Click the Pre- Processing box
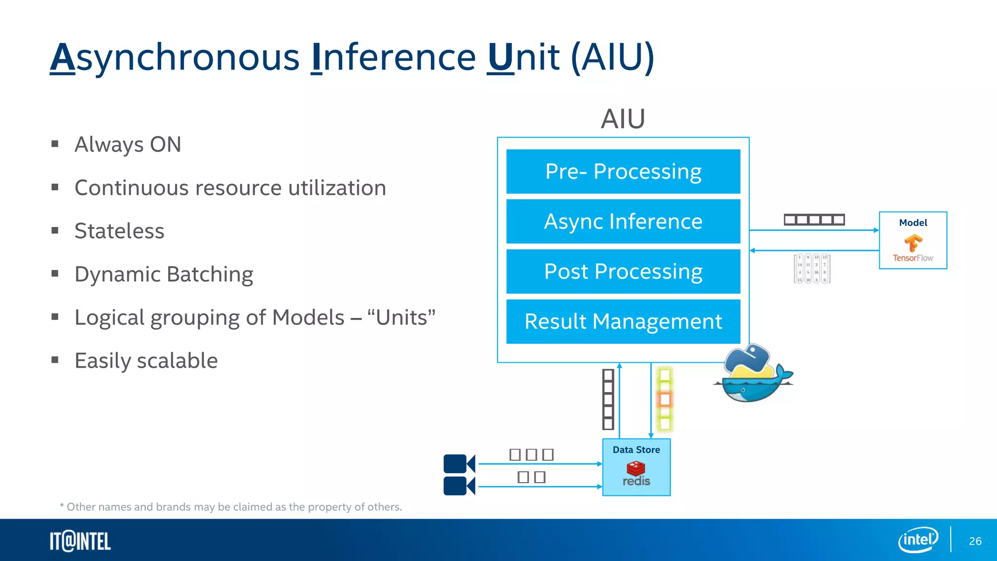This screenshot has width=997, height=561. pos(623,171)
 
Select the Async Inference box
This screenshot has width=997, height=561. pos(623,221)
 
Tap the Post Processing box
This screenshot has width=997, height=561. pos(623,271)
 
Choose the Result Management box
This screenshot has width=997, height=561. pos(623,321)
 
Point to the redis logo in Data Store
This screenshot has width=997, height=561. pos(636,474)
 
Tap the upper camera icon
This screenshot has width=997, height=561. pos(459,464)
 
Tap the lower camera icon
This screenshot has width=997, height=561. pos(459,486)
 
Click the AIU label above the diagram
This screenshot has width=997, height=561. pos(623,119)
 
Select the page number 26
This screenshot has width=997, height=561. pos(975,541)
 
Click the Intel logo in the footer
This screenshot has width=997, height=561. pos(918,540)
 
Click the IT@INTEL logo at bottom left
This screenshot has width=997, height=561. pos(80,542)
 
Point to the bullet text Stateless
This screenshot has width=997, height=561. pos(119,231)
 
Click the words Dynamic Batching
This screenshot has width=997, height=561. pos(164,274)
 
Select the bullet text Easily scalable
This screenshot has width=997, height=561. pos(146,361)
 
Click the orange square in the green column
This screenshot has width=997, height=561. pos(665,400)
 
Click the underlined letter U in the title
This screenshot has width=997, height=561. pos(500,57)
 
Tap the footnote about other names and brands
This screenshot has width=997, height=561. pos(231,507)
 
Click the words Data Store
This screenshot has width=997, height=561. pos(636,450)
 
